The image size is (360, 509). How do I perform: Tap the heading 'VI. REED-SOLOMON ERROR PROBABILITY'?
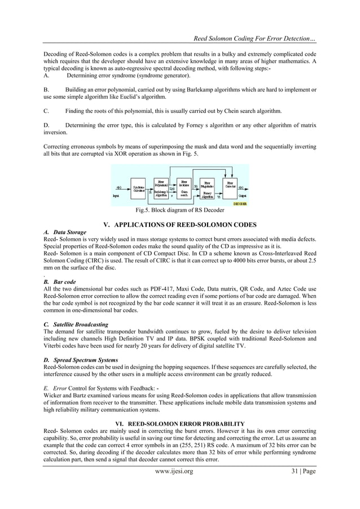pyautogui.click(x=179, y=423)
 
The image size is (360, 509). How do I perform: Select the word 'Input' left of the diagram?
pyautogui.click(x=117, y=196)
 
